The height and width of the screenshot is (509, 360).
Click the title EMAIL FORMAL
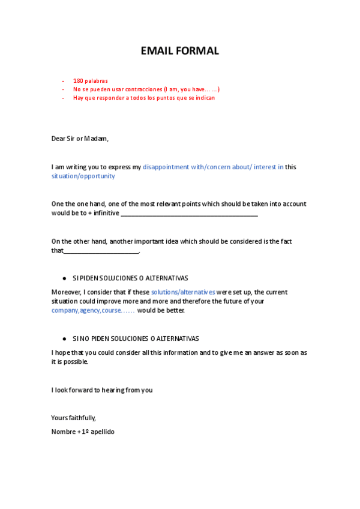pyautogui.click(x=179, y=51)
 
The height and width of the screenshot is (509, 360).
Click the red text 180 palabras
pyautogui.click(x=90, y=80)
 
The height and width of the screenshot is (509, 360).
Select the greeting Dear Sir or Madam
pyautogui.click(x=80, y=139)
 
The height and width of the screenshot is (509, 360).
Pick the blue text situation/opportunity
pyautogui.click(x=83, y=176)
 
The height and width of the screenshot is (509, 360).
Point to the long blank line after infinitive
pyautogui.click(x=189, y=214)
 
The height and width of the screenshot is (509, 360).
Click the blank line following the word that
pyautogui.click(x=101, y=252)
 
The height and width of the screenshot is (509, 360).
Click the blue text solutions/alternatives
pyautogui.click(x=182, y=292)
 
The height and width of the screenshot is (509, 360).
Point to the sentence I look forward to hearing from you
pyautogui.click(x=102, y=390)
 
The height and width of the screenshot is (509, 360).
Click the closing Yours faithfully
pyautogui.click(x=73, y=418)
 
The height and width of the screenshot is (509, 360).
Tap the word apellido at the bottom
pyautogui.click(x=102, y=432)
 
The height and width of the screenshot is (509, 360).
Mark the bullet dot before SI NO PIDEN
pyautogui.click(x=64, y=339)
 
